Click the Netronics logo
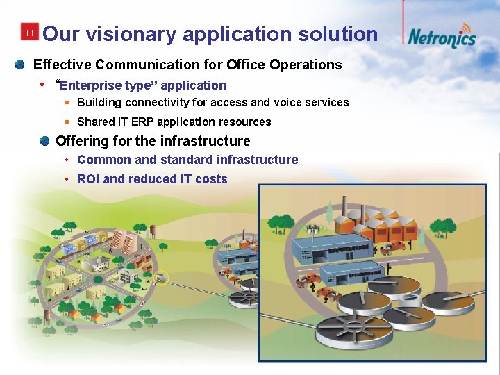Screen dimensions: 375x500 (442, 35)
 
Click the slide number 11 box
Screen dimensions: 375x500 (28, 33)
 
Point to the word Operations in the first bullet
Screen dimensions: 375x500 (305, 65)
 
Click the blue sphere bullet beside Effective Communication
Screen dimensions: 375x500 (20, 65)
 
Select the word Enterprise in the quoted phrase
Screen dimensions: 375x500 (91, 85)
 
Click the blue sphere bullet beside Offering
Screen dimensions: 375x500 (44, 141)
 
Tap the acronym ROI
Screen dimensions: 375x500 (88, 179)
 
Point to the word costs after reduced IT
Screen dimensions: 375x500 (212, 179)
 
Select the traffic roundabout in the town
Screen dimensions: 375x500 (98, 279)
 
